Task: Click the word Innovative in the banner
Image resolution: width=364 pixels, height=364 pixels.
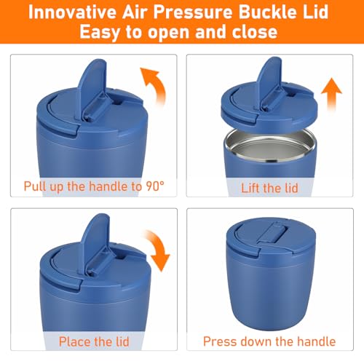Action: (72, 12)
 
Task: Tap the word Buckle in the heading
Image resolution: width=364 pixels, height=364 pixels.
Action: (267, 12)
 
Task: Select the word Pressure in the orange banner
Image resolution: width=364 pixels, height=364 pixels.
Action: (193, 12)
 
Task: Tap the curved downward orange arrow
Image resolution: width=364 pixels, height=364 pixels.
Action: (158, 250)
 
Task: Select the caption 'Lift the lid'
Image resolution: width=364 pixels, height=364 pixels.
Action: (269, 188)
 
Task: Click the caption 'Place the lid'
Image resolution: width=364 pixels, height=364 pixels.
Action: (94, 341)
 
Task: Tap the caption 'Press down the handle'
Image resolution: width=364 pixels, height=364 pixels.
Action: (269, 341)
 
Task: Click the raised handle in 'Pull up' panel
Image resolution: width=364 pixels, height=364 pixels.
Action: (92, 87)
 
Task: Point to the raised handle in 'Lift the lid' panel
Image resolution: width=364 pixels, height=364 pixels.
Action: (269, 82)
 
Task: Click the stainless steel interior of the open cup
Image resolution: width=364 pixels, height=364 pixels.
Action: (270, 145)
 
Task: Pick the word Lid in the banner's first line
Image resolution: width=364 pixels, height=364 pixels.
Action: (316, 12)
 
